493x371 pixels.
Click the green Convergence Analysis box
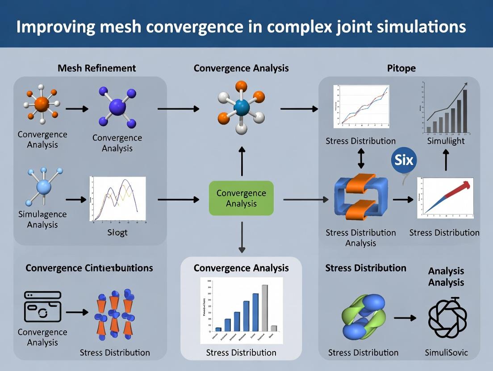click(x=241, y=198)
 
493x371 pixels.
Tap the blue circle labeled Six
click(x=404, y=160)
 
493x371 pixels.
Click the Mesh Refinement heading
click(x=96, y=68)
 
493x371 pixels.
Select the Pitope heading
click(x=401, y=68)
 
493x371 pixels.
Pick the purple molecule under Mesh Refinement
click(x=117, y=107)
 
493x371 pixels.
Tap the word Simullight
click(x=446, y=141)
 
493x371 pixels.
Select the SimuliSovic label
click(x=447, y=352)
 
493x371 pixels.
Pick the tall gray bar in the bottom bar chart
click(x=264, y=308)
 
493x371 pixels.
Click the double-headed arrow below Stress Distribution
click(x=361, y=158)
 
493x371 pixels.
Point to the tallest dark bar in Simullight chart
click(x=465, y=111)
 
